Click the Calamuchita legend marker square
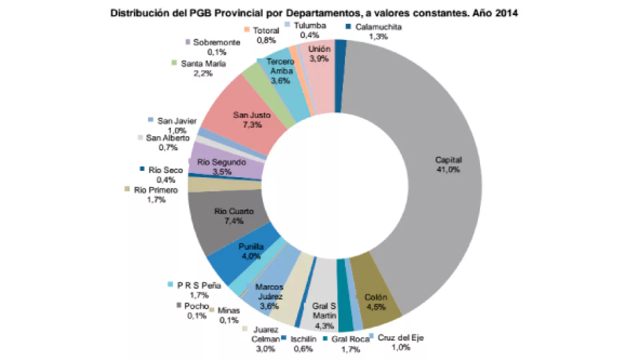point(348,27)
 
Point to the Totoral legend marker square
point(247,30)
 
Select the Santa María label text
point(203,64)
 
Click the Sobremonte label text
point(216,42)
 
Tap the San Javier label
point(177,121)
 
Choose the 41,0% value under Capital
point(448,170)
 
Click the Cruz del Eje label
point(400,338)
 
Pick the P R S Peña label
point(199,285)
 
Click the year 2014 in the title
point(506,13)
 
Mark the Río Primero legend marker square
point(127,189)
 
